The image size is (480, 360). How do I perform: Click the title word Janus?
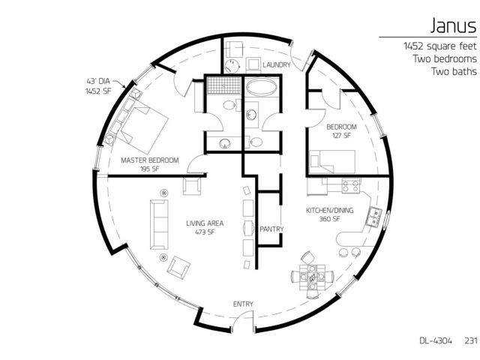tap(453, 25)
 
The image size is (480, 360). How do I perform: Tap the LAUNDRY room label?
tap(277, 65)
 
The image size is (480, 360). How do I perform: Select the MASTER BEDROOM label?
tap(150, 160)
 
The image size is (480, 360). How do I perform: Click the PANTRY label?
tap(271, 229)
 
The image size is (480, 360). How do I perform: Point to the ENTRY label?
tap(243, 304)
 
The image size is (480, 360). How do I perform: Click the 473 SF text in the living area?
tap(205, 232)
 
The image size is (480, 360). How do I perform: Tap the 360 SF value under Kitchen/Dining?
tap(329, 219)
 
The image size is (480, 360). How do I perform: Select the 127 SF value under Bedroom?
tap(341, 135)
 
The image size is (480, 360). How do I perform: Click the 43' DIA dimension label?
tap(98, 81)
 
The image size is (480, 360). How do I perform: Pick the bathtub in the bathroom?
tap(262, 87)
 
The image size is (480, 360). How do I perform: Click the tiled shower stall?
tap(223, 85)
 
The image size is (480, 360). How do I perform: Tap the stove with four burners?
tap(351, 186)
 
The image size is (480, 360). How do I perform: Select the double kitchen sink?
tap(374, 217)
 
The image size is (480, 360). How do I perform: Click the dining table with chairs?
tap(312, 277)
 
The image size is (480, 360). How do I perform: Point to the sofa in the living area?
tap(159, 224)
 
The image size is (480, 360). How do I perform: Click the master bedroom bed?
tap(144, 127)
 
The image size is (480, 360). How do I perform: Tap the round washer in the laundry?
tap(232, 66)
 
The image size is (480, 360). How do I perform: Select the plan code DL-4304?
tap(436, 340)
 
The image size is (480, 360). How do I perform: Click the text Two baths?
tap(454, 71)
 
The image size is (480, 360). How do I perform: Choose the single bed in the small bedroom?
tap(332, 162)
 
